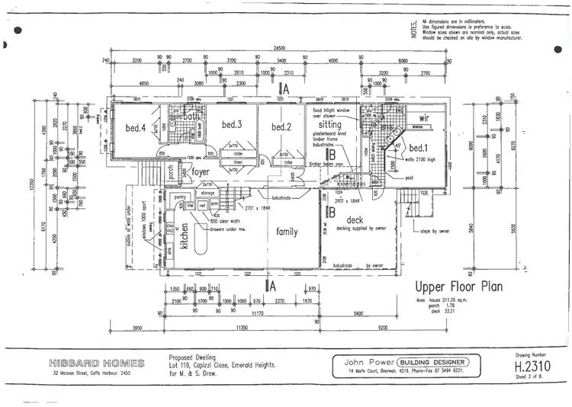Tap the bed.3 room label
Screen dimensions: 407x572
pyautogui.click(x=232, y=124)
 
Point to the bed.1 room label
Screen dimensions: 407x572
pyautogui.click(x=417, y=147)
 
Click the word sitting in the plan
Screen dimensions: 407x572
pyautogui.click(x=330, y=123)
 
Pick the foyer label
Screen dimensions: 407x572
pyautogui.click(x=200, y=172)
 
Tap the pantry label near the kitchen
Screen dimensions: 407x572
pyautogui.click(x=181, y=197)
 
